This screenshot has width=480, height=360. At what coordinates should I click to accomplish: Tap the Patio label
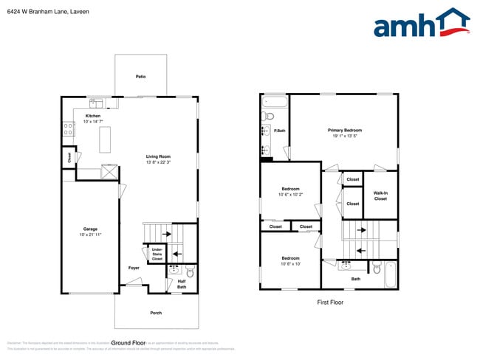click(x=140, y=76)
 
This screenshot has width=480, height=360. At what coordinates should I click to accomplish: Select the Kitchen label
click(x=93, y=116)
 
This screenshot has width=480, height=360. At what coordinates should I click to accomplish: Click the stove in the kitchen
click(x=68, y=128)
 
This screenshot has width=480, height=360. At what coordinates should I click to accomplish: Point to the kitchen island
click(x=105, y=139)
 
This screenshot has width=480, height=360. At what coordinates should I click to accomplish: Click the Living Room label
click(x=158, y=156)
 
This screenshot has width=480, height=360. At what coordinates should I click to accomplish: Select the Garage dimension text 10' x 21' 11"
click(x=90, y=235)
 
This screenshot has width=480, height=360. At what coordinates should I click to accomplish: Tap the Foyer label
click(x=134, y=268)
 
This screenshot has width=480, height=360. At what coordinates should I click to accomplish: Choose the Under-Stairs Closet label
click(x=157, y=254)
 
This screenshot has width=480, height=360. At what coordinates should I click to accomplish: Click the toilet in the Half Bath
click(x=190, y=270)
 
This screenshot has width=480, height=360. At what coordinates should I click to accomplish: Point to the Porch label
click(x=156, y=313)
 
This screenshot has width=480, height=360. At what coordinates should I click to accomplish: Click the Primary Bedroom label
click(x=345, y=130)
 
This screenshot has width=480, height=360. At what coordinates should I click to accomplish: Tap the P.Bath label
click(x=280, y=131)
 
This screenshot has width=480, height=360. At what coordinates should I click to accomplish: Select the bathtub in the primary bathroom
click(x=275, y=100)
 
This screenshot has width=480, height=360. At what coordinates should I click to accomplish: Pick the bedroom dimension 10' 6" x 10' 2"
click(x=290, y=195)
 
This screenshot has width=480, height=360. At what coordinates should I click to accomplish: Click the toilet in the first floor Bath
click(x=376, y=269)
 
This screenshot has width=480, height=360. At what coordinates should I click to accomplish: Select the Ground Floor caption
click(x=126, y=343)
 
